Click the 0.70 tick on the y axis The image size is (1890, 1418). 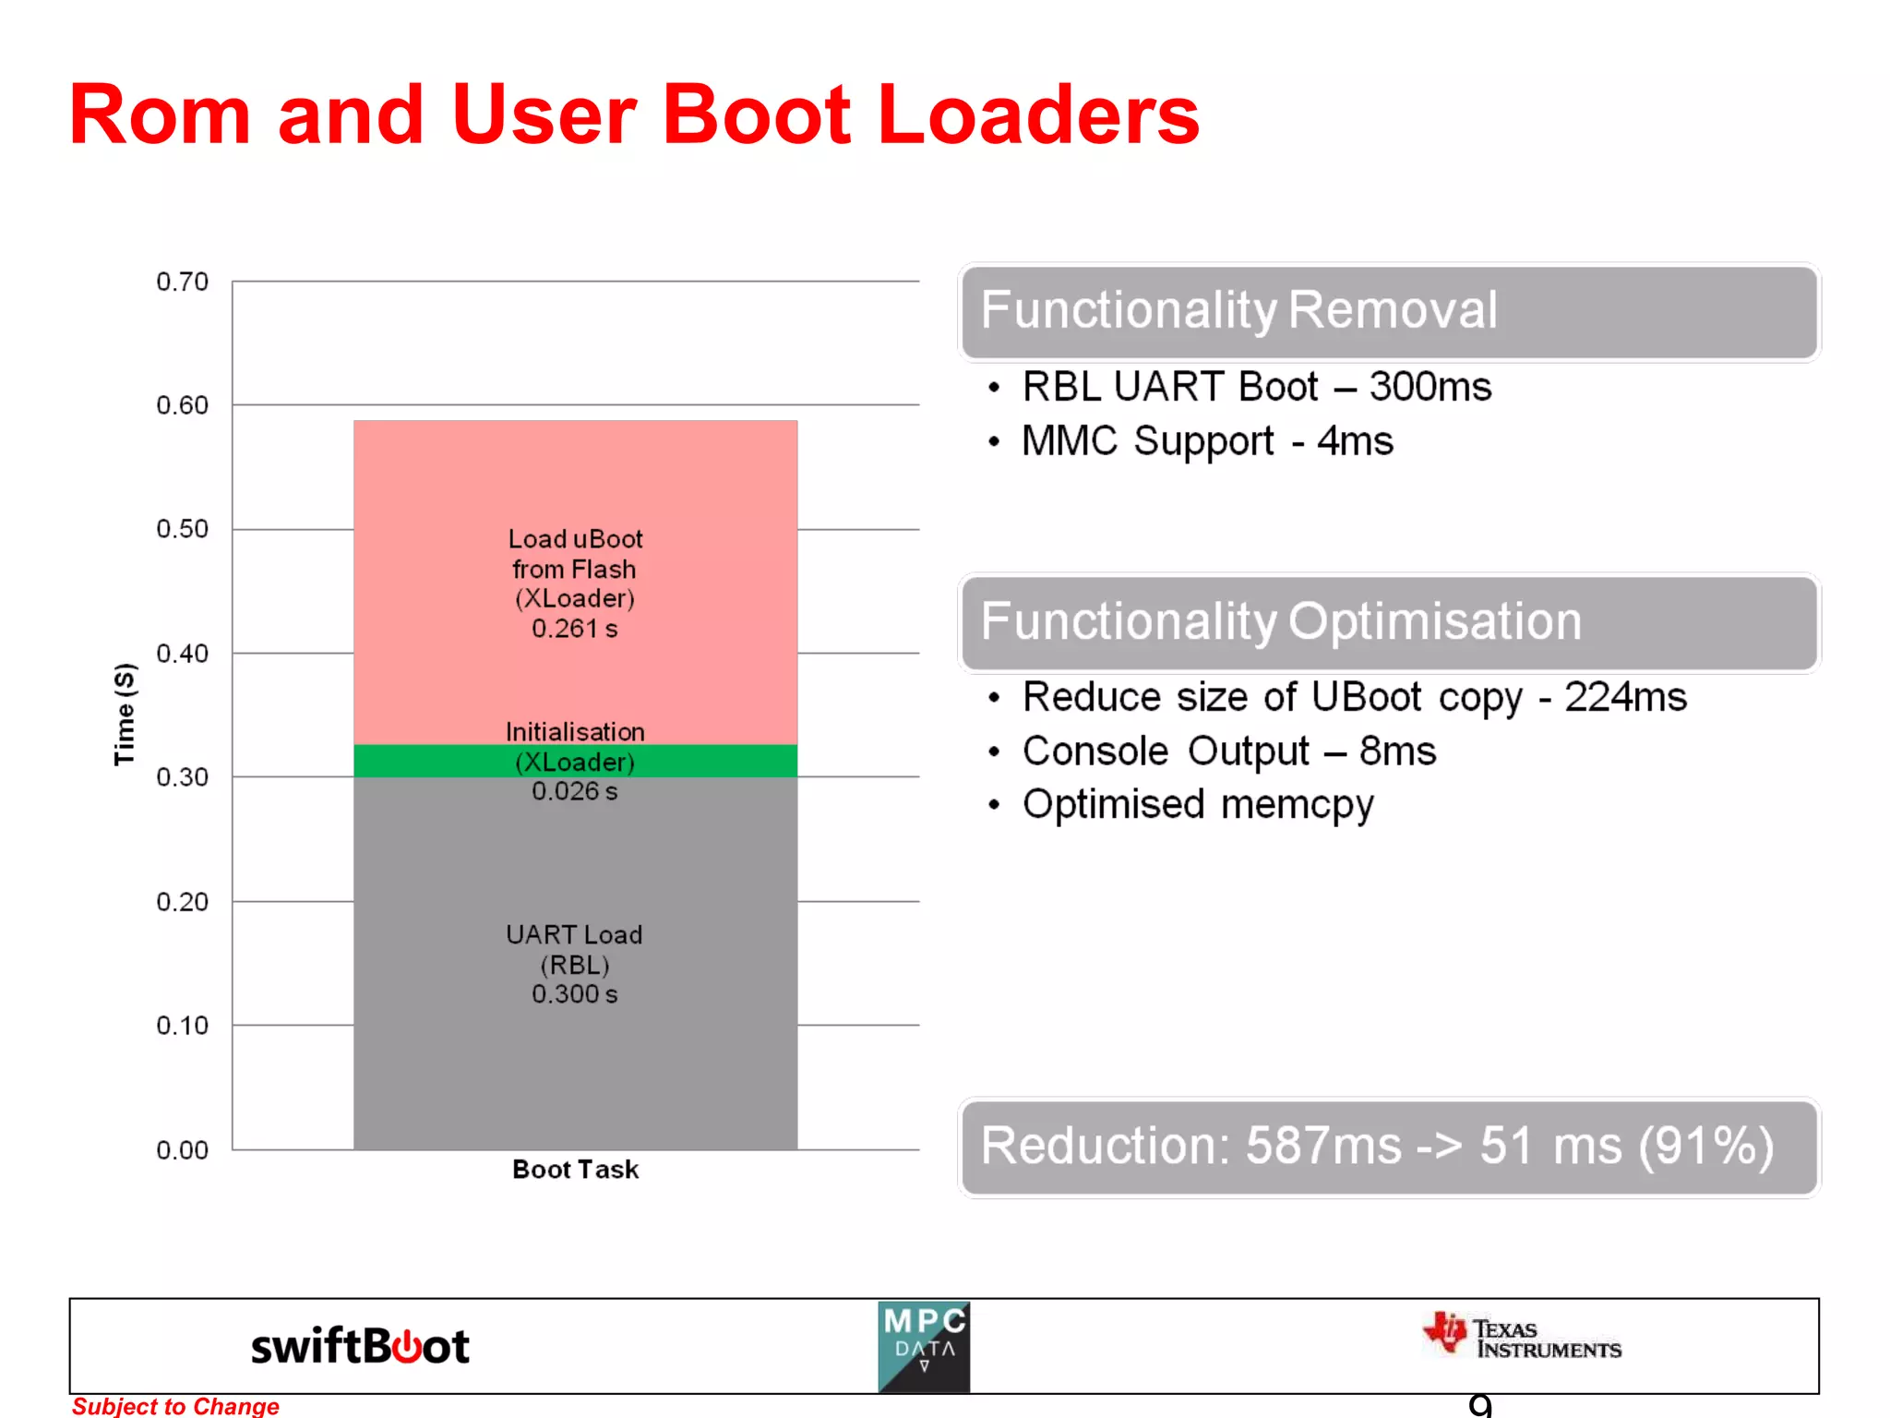pos(182,282)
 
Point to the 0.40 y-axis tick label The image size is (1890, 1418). pos(182,654)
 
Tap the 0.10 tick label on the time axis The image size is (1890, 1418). pos(182,1026)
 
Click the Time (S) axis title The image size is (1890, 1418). pos(125,714)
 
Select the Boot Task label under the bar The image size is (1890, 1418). pos(575,1170)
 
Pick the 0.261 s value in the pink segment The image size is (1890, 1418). pos(574,629)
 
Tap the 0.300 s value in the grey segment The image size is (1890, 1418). pos(574,994)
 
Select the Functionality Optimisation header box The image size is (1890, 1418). pos(1389,622)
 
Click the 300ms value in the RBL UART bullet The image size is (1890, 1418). pos(1429,387)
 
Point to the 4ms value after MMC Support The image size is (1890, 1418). pos(1355,441)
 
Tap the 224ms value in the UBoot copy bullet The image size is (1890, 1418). pos(1625,697)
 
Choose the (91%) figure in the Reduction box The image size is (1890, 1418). pos(1705,1146)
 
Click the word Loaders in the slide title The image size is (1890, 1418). pos(1038,114)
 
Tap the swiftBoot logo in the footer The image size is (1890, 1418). pos(360,1346)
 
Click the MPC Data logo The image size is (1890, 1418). pos(924,1346)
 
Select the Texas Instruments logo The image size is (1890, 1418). pos(1522,1337)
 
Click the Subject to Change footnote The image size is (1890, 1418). pos(175,1406)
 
